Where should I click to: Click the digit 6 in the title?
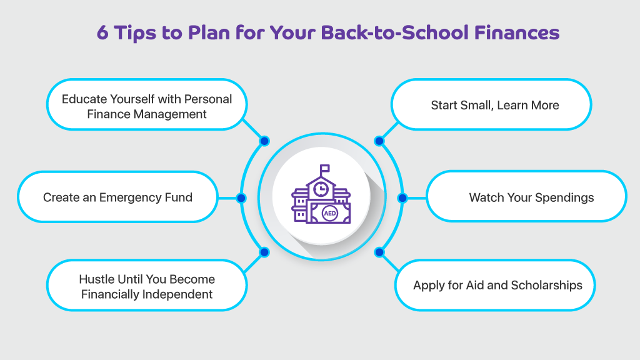(102, 32)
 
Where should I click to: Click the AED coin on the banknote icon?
(330, 213)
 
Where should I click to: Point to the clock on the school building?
(321, 189)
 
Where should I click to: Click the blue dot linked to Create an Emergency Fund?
(241, 198)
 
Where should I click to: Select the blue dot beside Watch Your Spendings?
(402, 198)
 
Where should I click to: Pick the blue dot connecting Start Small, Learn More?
(379, 141)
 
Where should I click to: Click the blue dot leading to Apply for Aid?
(379, 252)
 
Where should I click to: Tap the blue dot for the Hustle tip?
(264, 252)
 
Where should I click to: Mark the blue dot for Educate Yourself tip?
(264, 141)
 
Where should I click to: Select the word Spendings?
(564, 198)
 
